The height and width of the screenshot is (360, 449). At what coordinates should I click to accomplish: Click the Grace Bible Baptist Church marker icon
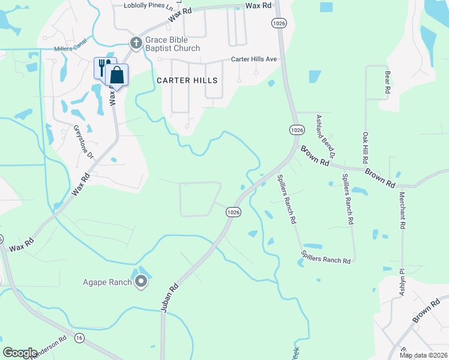pyautogui.click(x=136, y=42)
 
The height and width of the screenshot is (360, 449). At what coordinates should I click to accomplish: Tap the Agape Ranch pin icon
pyautogui.click(x=141, y=281)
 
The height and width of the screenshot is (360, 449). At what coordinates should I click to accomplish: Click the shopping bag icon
pyautogui.click(x=116, y=76)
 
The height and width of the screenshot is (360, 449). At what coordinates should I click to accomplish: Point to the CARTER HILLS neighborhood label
pyautogui.click(x=187, y=80)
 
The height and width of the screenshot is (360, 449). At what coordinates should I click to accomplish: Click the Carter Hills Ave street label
pyautogui.click(x=255, y=60)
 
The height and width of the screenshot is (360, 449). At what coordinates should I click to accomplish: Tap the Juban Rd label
pyautogui.click(x=171, y=296)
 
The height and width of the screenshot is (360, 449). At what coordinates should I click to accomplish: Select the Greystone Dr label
pyautogui.click(x=83, y=141)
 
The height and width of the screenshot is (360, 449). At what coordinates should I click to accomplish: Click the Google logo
pyautogui.click(x=20, y=353)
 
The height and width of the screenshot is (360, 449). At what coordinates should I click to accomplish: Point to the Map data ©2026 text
pyautogui.click(x=423, y=355)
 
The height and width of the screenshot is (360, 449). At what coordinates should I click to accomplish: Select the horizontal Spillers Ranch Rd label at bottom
pyautogui.click(x=325, y=261)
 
